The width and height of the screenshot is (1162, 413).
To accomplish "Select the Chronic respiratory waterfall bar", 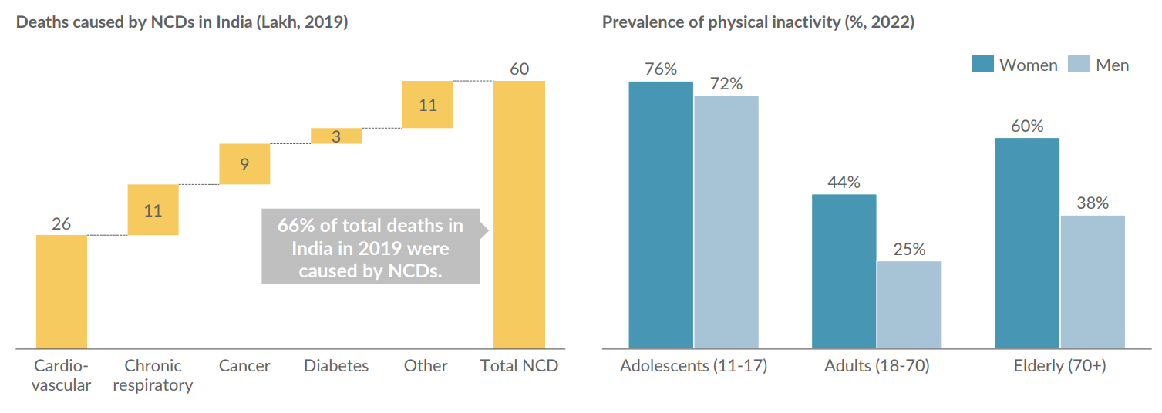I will (x=153, y=210).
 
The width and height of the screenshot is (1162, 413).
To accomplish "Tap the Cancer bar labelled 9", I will (x=244, y=163).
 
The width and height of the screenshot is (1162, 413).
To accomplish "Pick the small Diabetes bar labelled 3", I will (x=336, y=136).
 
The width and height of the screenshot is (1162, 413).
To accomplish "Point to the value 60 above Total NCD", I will (x=520, y=69).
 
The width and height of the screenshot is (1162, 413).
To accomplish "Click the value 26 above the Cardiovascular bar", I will (x=62, y=224).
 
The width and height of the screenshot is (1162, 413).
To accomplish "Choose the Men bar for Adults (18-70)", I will (x=909, y=304).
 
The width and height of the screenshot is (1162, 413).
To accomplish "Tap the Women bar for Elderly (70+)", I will (x=1027, y=243).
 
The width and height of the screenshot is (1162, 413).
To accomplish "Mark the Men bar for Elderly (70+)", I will (x=1093, y=281).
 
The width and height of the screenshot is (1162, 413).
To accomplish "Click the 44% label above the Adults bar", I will (x=844, y=183).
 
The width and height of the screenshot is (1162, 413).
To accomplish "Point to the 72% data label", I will (x=726, y=84).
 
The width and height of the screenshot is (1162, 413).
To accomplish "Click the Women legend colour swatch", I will (x=982, y=65).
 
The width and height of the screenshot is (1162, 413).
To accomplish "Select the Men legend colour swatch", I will (x=1079, y=65).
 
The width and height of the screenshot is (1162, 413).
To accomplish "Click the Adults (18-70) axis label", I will (x=877, y=366).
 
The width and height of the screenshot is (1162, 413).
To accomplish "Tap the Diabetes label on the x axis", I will (x=336, y=366).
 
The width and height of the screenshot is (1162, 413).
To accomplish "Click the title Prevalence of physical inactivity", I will (x=758, y=22).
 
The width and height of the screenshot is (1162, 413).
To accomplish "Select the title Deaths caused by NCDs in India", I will (x=182, y=22).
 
